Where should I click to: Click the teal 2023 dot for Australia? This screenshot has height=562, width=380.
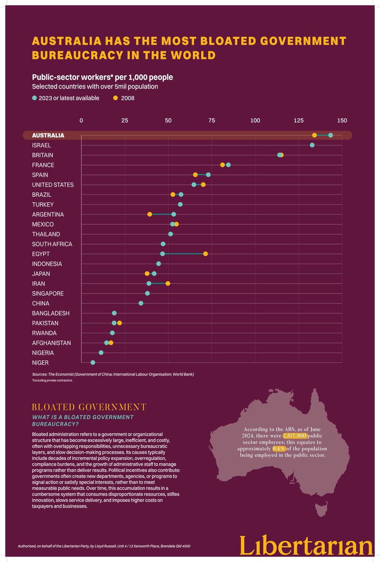pos(331,135)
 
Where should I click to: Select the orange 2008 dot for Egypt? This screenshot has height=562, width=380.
pos(205,254)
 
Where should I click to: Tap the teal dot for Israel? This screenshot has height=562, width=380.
pos(312,145)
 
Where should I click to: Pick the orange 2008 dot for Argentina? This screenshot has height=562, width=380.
pos(150,214)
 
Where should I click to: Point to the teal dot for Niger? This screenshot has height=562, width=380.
pos(93,362)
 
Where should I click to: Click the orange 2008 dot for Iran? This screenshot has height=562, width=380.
pos(168,283)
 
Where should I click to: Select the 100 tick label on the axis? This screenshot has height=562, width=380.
pos(255,121)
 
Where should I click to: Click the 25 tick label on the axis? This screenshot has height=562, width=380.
pos(125,121)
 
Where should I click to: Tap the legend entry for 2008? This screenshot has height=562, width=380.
pos(124,98)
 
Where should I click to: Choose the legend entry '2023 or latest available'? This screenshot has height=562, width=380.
pos(66,98)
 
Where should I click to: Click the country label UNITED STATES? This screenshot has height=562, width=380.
pos(53,185)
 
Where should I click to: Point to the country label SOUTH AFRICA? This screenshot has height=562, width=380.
pos(52,244)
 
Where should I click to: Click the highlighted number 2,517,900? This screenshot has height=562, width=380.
pos(295,436)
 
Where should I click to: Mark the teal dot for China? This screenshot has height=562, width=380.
pos(141,303)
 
